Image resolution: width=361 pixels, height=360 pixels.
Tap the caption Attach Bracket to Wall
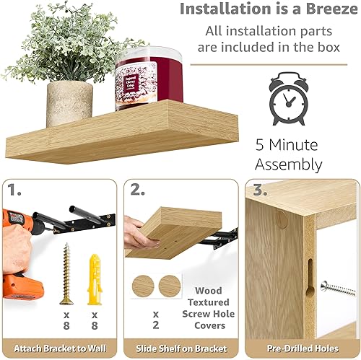59,348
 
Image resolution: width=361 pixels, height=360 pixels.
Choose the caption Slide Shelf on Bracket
180,348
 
